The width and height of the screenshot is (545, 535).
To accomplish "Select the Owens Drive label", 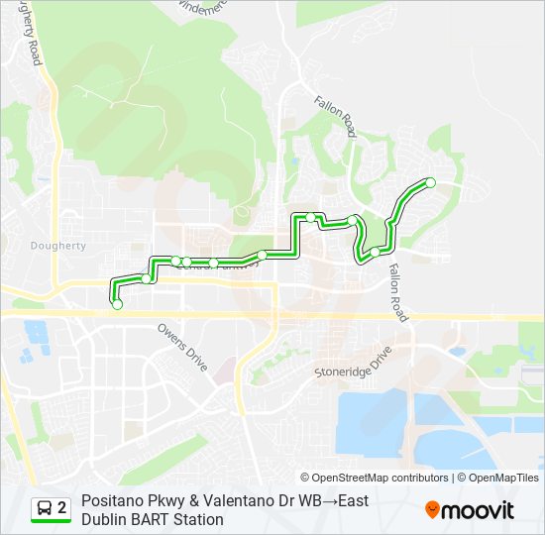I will tap(182, 346).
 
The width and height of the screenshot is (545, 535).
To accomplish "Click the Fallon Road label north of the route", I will tap(336, 117).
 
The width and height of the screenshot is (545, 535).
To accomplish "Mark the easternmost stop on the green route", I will tap(430, 182).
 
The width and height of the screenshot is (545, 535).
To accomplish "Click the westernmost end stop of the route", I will tap(117, 304).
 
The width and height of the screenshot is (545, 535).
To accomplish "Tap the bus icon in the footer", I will tap(45, 508).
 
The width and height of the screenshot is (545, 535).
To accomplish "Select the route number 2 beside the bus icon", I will tap(61, 508).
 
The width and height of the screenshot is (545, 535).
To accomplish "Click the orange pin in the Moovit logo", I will tap(433, 510).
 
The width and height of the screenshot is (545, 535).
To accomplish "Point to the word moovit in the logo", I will tap(479, 510).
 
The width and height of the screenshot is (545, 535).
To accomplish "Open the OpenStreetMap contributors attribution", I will tap(375, 478).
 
